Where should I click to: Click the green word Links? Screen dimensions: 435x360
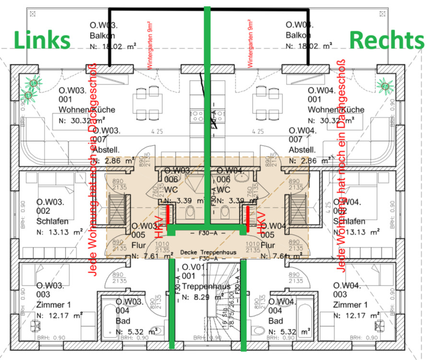43,40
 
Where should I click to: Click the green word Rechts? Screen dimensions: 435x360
387,40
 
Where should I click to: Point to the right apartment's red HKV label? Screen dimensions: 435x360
261,223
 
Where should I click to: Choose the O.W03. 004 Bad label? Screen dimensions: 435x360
129,311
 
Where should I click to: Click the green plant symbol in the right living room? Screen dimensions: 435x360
385,85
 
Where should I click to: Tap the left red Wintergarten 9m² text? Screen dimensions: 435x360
150,46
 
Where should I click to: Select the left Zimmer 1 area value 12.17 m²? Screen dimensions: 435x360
60,315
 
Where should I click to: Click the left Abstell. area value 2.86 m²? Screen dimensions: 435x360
113,161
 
